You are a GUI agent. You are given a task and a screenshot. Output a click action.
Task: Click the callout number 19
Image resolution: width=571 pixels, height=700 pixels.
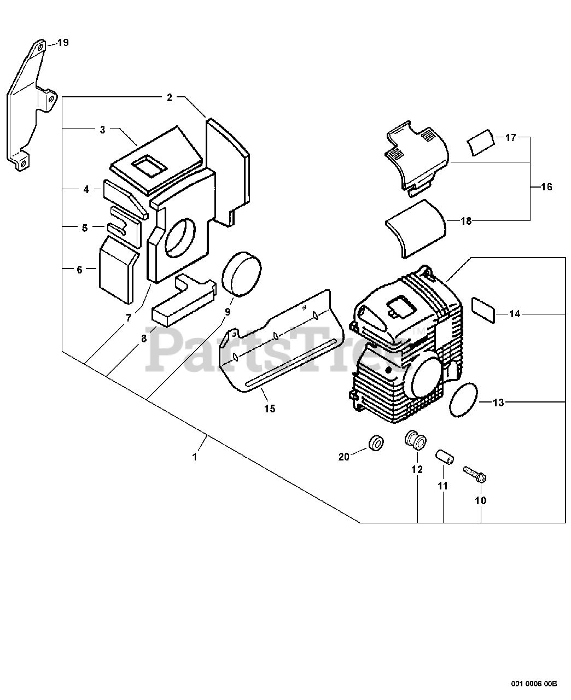coord(63,43)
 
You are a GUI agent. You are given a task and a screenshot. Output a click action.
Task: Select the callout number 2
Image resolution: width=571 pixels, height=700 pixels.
coord(170,97)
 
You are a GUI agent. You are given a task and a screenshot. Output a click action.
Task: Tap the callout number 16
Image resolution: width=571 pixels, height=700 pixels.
coord(546,187)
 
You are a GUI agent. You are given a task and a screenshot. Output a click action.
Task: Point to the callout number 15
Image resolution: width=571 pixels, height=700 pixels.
coord(270,409)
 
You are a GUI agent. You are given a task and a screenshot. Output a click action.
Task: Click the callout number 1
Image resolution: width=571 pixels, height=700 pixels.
coord(195,457)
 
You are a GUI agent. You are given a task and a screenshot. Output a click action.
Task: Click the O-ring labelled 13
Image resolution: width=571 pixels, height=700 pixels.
coord(463,399)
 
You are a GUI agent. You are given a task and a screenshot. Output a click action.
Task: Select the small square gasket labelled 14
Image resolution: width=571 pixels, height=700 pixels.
coord(483,310)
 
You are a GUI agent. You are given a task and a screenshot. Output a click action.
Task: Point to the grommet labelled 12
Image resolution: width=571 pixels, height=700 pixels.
coord(415,440)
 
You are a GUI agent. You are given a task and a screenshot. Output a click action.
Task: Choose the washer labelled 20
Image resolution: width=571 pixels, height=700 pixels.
coord(376,443)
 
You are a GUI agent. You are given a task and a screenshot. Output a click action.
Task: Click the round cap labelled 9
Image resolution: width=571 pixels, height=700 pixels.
coord(241,273)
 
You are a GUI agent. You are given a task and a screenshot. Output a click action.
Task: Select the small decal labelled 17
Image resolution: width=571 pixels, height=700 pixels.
coord(481,142)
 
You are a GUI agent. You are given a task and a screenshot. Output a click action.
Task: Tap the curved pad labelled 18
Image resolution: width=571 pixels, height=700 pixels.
coord(415,229)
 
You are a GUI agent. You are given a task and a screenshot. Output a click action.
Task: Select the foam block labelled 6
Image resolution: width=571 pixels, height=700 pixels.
coord(119,270)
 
